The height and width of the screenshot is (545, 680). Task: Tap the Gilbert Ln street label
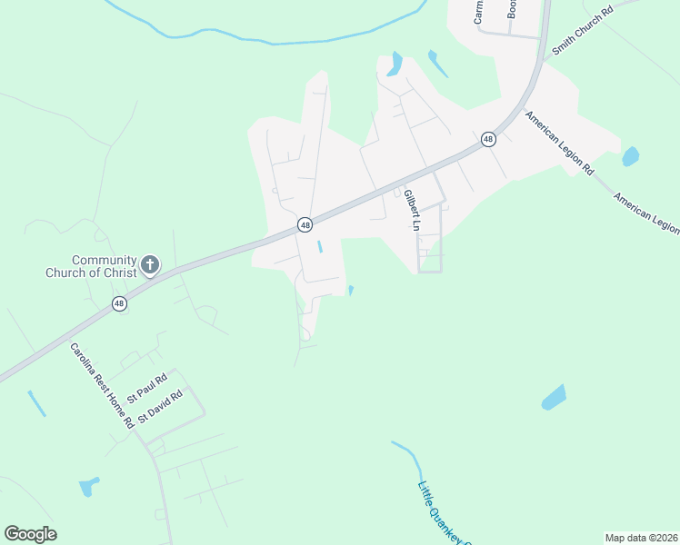(410, 210)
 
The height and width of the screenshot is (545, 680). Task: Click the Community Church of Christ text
(91, 266)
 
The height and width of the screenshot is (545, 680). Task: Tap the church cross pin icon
(150, 265)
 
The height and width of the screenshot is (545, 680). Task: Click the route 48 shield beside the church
(119, 303)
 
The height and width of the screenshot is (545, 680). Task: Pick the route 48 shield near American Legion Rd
(488, 139)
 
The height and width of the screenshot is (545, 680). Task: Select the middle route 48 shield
(305, 224)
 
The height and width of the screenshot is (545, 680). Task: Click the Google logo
(30, 533)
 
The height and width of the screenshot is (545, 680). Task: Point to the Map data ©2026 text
(641, 537)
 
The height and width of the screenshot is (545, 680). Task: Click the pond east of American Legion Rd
(630, 156)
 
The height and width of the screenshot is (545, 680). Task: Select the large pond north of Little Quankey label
(553, 398)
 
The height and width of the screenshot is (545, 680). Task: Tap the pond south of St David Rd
(88, 487)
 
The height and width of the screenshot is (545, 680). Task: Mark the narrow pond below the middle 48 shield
(319, 247)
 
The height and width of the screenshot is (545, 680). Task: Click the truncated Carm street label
(477, 11)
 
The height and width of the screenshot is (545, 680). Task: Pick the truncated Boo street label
(512, 9)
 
